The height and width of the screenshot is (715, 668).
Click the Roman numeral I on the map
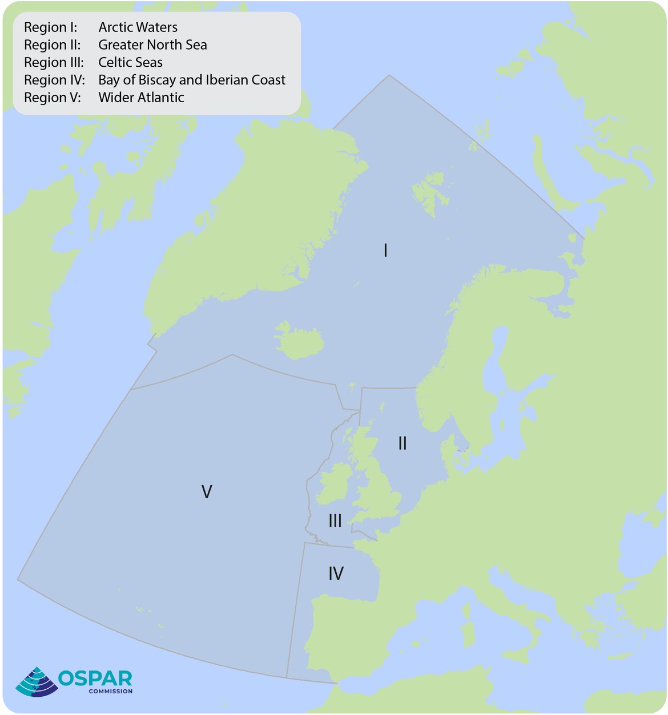386,251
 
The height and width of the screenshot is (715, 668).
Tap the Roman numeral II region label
403,443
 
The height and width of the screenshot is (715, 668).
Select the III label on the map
335,520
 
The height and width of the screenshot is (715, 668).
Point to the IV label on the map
336,573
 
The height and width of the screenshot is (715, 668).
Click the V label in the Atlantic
207,491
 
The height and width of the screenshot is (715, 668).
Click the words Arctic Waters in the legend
138,27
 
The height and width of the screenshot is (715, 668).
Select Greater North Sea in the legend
152,45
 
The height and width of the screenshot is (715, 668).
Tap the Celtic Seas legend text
130,63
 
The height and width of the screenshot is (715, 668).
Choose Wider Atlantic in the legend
141,98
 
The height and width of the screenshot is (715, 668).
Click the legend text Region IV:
54,80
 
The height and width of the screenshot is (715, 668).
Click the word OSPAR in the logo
95,678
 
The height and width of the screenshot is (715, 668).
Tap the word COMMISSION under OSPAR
110,692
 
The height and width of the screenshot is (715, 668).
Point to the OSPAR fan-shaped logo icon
36,682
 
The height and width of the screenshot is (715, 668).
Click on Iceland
299,341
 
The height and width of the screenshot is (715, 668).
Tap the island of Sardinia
469,635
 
